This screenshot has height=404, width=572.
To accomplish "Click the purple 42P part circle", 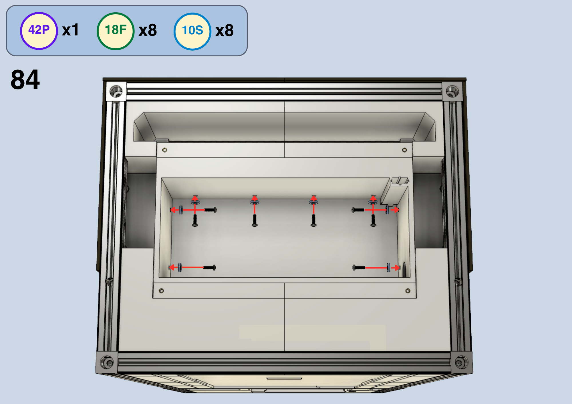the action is pyautogui.click(x=39, y=31).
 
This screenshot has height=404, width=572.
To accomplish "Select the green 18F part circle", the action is pyautogui.click(x=116, y=31).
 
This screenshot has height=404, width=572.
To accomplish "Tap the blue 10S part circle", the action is pyautogui.click(x=192, y=31).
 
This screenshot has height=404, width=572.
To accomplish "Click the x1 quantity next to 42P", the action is pyautogui.click(x=70, y=30).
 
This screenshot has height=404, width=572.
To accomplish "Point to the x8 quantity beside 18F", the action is pyautogui.click(x=148, y=30).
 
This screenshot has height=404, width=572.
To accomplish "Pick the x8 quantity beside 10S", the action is pyautogui.click(x=225, y=31).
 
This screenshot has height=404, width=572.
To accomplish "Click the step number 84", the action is pyautogui.click(x=25, y=80).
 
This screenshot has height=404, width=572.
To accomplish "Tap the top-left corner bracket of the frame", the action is pyautogui.click(x=116, y=91).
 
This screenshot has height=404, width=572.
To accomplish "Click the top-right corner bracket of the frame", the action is pyautogui.click(x=452, y=91).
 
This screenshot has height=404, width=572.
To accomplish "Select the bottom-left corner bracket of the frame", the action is pyautogui.click(x=107, y=363).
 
